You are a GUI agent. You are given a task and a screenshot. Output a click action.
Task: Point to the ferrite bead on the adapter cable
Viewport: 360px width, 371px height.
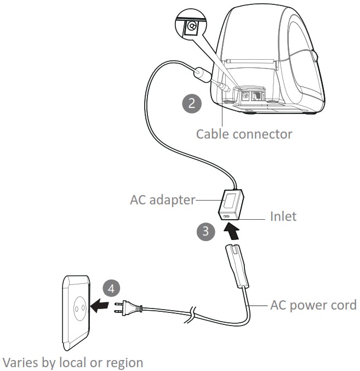click(x=201, y=72)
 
